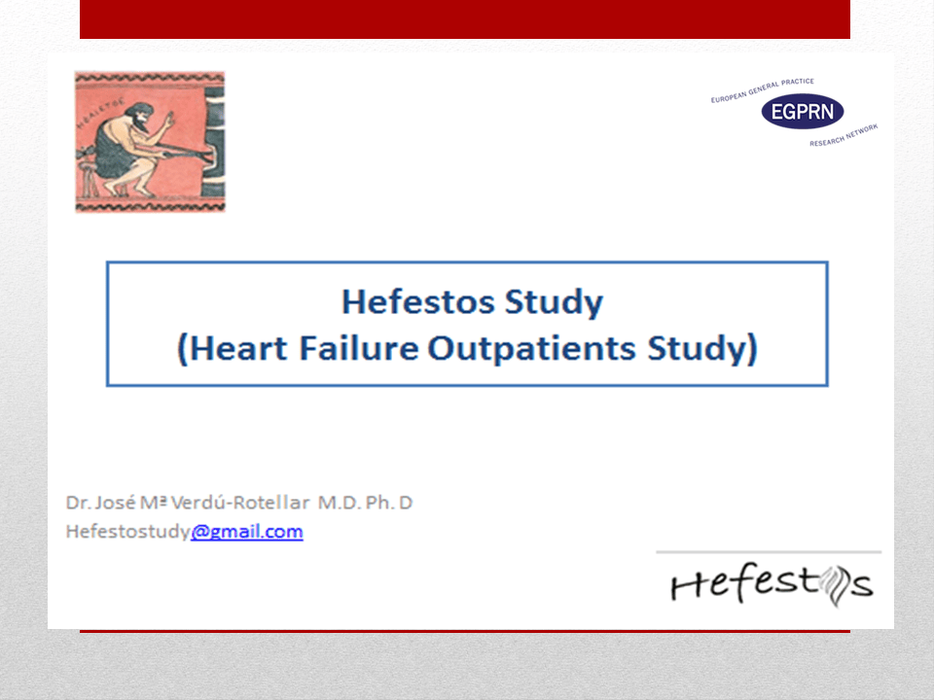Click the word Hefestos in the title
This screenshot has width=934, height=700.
tap(417, 301)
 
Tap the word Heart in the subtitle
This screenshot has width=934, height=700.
tap(237, 348)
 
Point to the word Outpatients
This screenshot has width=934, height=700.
tap(532, 349)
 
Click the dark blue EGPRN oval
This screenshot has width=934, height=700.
tap(803, 111)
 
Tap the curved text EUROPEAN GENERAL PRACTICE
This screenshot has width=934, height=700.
tap(762, 89)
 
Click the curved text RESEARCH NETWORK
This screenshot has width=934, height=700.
tap(844, 135)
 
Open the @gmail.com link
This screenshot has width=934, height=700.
tap(246, 532)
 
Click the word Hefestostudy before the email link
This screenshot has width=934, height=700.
tap(128, 532)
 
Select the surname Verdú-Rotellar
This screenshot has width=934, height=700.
tap(240, 503)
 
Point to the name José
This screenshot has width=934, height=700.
tap(115, 503)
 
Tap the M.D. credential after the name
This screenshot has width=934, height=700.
tap(339, 503)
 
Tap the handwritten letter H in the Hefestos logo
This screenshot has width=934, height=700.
tap(689, 586)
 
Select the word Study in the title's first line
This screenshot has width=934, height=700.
tap(554, 302)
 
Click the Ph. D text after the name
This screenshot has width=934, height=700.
tap(389, 503)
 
